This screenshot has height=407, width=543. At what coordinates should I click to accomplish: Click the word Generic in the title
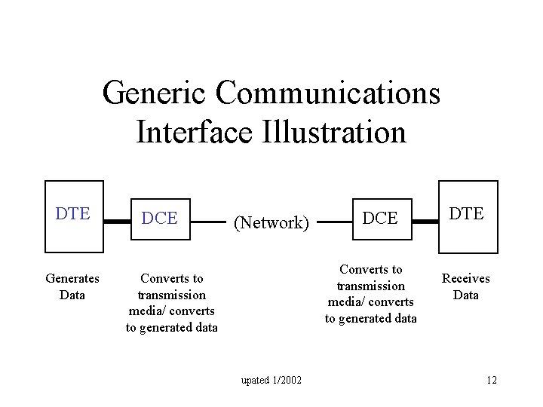click(x=155, y=93)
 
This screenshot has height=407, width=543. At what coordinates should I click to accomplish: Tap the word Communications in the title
click(x=327, y=93)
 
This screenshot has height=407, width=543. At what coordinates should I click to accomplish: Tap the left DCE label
click(x=160, y=219)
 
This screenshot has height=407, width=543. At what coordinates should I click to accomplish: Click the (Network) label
click(x=271, y=222)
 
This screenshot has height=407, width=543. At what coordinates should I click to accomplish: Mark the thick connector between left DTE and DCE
click(x=117, y=222)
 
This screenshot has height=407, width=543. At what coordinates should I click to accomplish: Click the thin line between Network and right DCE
click(x=335, y=222)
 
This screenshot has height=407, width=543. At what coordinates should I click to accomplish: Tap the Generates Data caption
click(x=72, y=286)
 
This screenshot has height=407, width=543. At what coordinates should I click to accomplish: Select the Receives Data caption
click(x=465, y=286)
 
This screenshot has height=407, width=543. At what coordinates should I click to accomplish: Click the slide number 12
click(x=491, y=380)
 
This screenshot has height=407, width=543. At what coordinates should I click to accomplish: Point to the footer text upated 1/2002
click(x=271, y=380)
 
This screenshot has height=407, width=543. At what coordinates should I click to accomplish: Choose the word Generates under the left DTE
click(x=72, y=278)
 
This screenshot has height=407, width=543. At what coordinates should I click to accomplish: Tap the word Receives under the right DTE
click(x=465, y=278)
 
